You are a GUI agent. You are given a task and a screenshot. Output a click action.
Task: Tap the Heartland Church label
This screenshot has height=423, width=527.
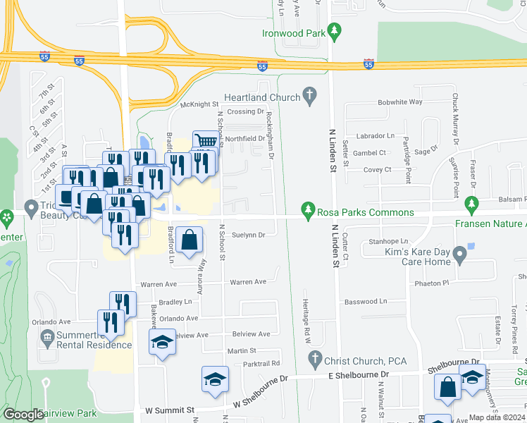tap(262, 97)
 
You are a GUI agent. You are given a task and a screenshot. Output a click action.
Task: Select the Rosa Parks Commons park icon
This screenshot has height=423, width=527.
tap(308, 211)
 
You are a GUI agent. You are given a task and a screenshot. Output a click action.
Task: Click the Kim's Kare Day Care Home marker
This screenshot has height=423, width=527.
tap(460, 252)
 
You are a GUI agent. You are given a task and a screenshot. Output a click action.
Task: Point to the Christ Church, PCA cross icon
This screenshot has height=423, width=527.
tap(315, 360)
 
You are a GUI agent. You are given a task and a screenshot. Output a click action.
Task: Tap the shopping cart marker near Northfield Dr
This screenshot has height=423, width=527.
tap(204, 142)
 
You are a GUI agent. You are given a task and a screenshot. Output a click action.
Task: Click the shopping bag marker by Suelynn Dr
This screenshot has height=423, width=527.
tap(190, 240)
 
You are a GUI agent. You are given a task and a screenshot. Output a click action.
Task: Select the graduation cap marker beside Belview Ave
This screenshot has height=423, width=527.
tap(162, 343)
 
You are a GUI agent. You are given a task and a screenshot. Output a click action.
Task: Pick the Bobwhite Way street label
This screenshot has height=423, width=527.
tap(399, 102)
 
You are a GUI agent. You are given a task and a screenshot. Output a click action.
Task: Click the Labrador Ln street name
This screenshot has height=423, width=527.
tap(374, 135)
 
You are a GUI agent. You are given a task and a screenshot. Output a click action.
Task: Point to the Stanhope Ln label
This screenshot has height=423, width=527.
tap(388, 241)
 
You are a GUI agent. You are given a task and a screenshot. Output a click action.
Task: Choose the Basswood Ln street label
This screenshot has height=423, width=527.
tap(366, 302)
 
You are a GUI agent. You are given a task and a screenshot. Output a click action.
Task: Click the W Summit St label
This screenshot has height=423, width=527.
tap(170, 410)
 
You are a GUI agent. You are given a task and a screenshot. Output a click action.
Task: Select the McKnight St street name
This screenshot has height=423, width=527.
tap(200, 104)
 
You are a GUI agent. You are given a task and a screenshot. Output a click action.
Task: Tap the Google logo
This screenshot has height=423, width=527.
tap(23, 415)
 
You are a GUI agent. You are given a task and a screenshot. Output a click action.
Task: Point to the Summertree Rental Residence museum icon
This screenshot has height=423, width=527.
tap(47, 338)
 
